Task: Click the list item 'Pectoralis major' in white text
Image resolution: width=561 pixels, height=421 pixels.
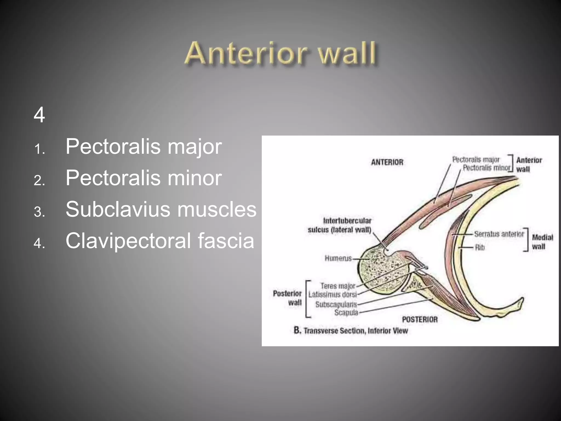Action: pos(143,147)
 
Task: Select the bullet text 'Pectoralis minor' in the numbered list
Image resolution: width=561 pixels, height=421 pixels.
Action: pos(143,178)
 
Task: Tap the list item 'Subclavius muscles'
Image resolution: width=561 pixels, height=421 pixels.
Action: pos(161,209)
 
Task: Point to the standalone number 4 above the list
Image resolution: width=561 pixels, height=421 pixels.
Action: pos(39,115)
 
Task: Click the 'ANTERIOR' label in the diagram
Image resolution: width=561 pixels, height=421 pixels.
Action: pos(387,162)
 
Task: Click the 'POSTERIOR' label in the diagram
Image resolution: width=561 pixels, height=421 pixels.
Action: pos(420,319)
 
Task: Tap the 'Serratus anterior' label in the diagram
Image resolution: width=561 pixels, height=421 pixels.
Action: pos(499,234)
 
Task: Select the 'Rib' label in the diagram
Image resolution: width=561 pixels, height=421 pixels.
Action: pos(480,248)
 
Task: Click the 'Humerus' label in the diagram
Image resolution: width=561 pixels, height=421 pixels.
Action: pos(338,258)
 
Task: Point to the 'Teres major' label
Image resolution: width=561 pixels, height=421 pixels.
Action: pos(338,286)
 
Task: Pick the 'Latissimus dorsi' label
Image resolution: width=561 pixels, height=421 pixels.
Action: pos(333,295)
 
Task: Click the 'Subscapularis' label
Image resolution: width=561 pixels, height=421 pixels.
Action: pos(336,305)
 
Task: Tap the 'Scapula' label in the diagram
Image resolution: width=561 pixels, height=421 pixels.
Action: pos(346,312)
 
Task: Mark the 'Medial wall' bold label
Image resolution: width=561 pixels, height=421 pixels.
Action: pos(542,242)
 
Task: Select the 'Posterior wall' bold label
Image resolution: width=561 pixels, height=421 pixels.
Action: pos(287,298)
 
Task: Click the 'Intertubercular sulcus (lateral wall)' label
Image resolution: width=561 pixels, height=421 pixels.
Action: pos(339,225)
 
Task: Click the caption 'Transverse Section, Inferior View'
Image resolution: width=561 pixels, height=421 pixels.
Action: pos(356,331)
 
